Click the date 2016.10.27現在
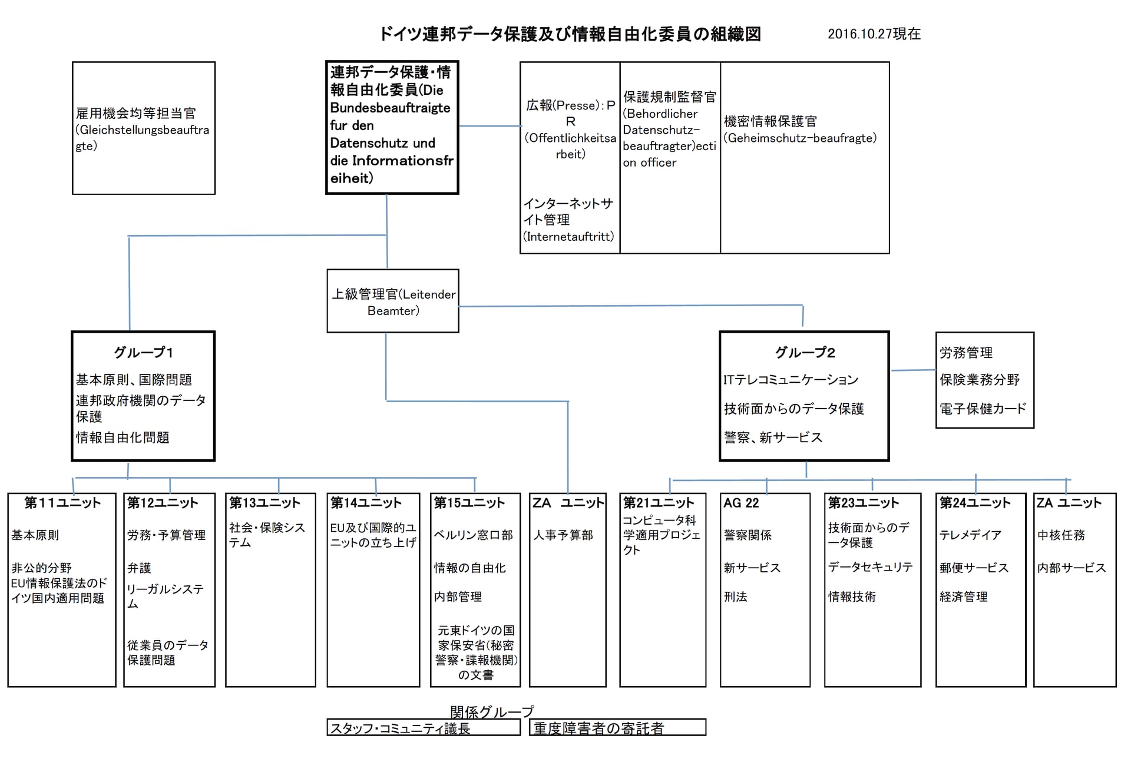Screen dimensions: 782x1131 pyautogui.click(x=874, y=34)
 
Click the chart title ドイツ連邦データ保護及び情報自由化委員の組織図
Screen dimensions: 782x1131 pyautogui.click(x=570, y=34)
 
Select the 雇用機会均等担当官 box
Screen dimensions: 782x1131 pyautogui.click(x=143, y=128)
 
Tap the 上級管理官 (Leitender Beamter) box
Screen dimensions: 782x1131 pyautogui.click(x=393, y=301)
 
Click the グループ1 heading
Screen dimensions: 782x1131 pyautogui.click(x=143, y=353)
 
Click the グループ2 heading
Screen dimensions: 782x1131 pyautogui.click(x=805, y=353)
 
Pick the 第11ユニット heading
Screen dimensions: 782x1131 pyautogui.click(x=62, y=503)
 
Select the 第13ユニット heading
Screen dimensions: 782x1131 pyautogui.click(x=264, y=503)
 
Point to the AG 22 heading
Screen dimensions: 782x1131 pyautogui.click(x=741, y=503)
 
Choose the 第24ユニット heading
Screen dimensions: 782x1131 pyautogui.click(x=975, y=503)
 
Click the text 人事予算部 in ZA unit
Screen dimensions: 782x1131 pyautogui.click(x=563, y=535)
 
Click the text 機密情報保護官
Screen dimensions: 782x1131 pyautogui.click(x=770, y=121)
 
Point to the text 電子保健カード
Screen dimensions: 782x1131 pyautogui.click(x=983, y=409)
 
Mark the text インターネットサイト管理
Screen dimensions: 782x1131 pyautogui.click(x=568, y=211)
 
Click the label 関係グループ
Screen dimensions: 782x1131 pyautogui.click(x=492, y=711)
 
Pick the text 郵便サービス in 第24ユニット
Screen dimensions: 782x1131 pyautogui.click(x=974, y=568)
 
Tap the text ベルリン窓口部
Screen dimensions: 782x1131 pyautogui.click(x=473, y=535)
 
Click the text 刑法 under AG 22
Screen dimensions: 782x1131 pyautogui.click(x=735, y=597)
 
